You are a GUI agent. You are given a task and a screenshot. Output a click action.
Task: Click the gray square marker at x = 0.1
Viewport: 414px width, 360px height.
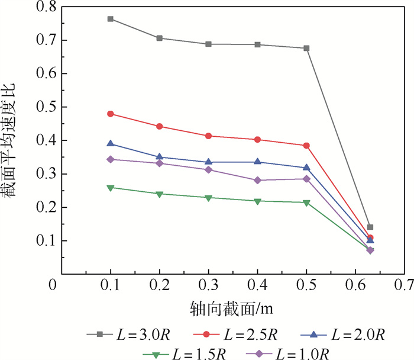tap(111, 19)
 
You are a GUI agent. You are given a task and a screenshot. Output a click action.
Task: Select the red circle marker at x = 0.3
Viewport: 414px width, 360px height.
tap(209, 136)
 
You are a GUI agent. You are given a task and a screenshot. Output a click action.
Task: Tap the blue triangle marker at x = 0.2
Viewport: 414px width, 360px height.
tap(160, 157)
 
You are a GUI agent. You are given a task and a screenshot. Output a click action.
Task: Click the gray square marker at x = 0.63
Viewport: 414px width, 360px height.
tap(370, 227)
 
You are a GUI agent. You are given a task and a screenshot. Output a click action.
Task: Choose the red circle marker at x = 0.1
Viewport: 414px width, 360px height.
tap(111, 114)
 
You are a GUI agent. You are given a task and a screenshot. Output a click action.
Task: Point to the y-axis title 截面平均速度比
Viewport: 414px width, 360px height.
tap(13, 140)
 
